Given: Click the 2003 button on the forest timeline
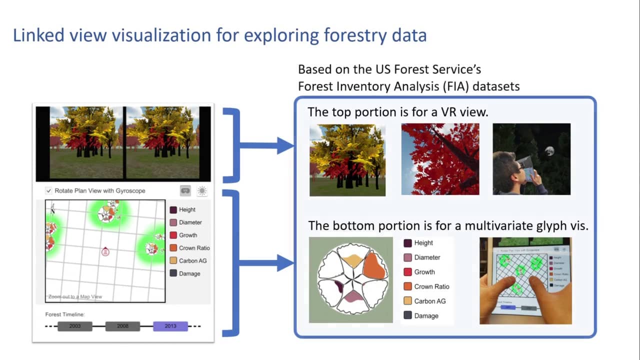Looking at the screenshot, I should click(75, 326).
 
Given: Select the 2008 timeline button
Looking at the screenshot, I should click(122, 326).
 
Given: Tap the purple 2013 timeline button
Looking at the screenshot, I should click(170, 326).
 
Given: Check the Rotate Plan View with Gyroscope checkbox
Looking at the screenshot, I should click(48, 190).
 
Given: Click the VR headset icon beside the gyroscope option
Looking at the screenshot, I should click(185, 190).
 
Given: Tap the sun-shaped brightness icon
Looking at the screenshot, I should click(202, 190).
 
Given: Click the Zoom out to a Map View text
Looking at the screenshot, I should click(75, 296).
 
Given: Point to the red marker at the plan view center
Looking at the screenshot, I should click(105, 252).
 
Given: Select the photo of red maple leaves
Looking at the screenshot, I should click(440, 159).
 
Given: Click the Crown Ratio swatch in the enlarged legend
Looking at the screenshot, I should click(407, 286).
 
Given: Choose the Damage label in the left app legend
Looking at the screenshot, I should click(189, 273).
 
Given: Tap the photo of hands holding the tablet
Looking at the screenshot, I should click(525, 280).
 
